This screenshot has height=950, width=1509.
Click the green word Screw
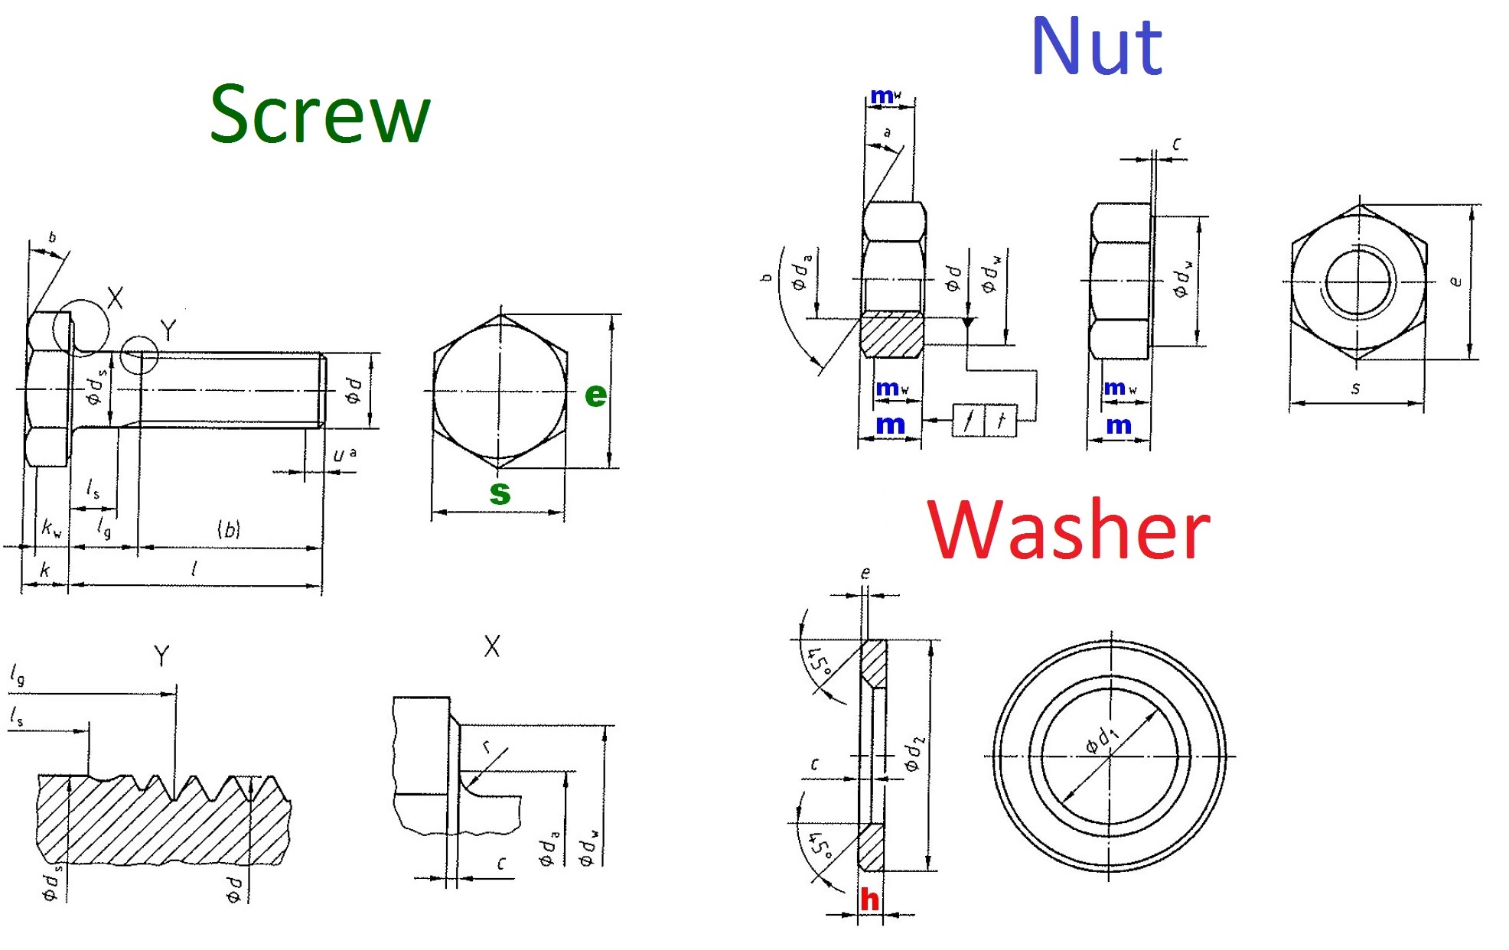click(320, 115)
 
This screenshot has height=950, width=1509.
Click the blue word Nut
click(1096, 47)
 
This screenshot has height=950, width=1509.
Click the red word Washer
click(1068, 530)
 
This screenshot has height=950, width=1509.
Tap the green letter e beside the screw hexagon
click(595, 395)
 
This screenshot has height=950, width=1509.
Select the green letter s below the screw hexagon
click(500, 493)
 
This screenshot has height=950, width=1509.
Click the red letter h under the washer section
click(869, 900)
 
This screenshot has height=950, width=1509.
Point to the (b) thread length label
click(229, 529)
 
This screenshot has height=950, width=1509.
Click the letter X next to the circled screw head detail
click(115, 298)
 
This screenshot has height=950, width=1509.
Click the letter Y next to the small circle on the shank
click(168, 330)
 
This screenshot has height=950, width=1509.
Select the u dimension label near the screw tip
click(340, 456)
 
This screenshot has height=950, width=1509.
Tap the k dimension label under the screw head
click(44, 570)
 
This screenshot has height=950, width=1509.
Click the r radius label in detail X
click(486, 747)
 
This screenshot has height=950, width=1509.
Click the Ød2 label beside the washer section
click(913, 754)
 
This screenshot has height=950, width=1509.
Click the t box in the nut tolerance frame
click(1001, 420)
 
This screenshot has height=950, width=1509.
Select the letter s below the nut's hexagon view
click(1355, 389)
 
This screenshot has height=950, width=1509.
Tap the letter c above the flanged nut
click(1177, 144)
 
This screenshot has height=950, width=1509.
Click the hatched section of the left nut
click(891, 335)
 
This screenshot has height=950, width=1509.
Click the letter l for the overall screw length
click(194, 569)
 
